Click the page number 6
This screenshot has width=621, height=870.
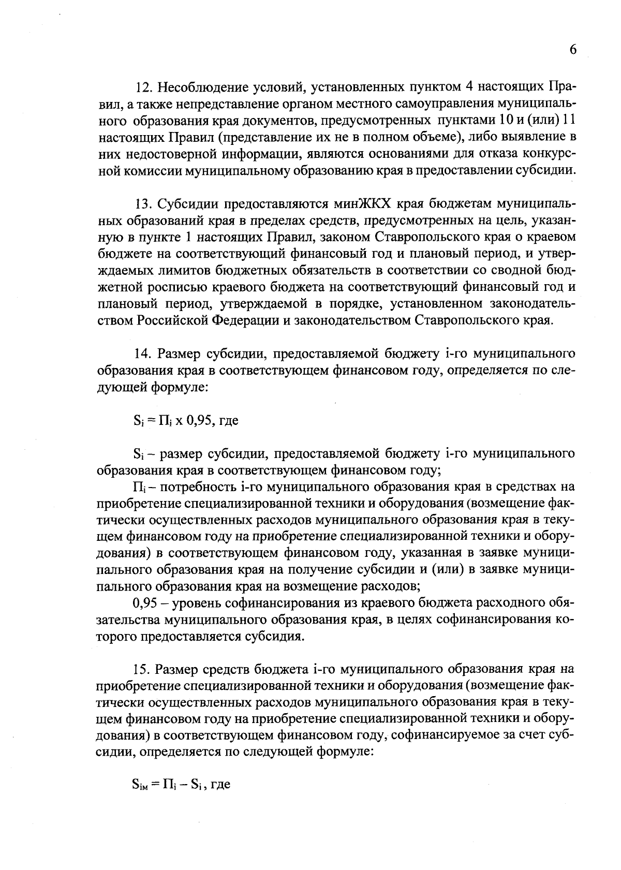[x=572, y=50]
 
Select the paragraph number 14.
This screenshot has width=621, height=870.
[x=142, y=354]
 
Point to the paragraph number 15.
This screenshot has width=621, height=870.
[x=142, y=670]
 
